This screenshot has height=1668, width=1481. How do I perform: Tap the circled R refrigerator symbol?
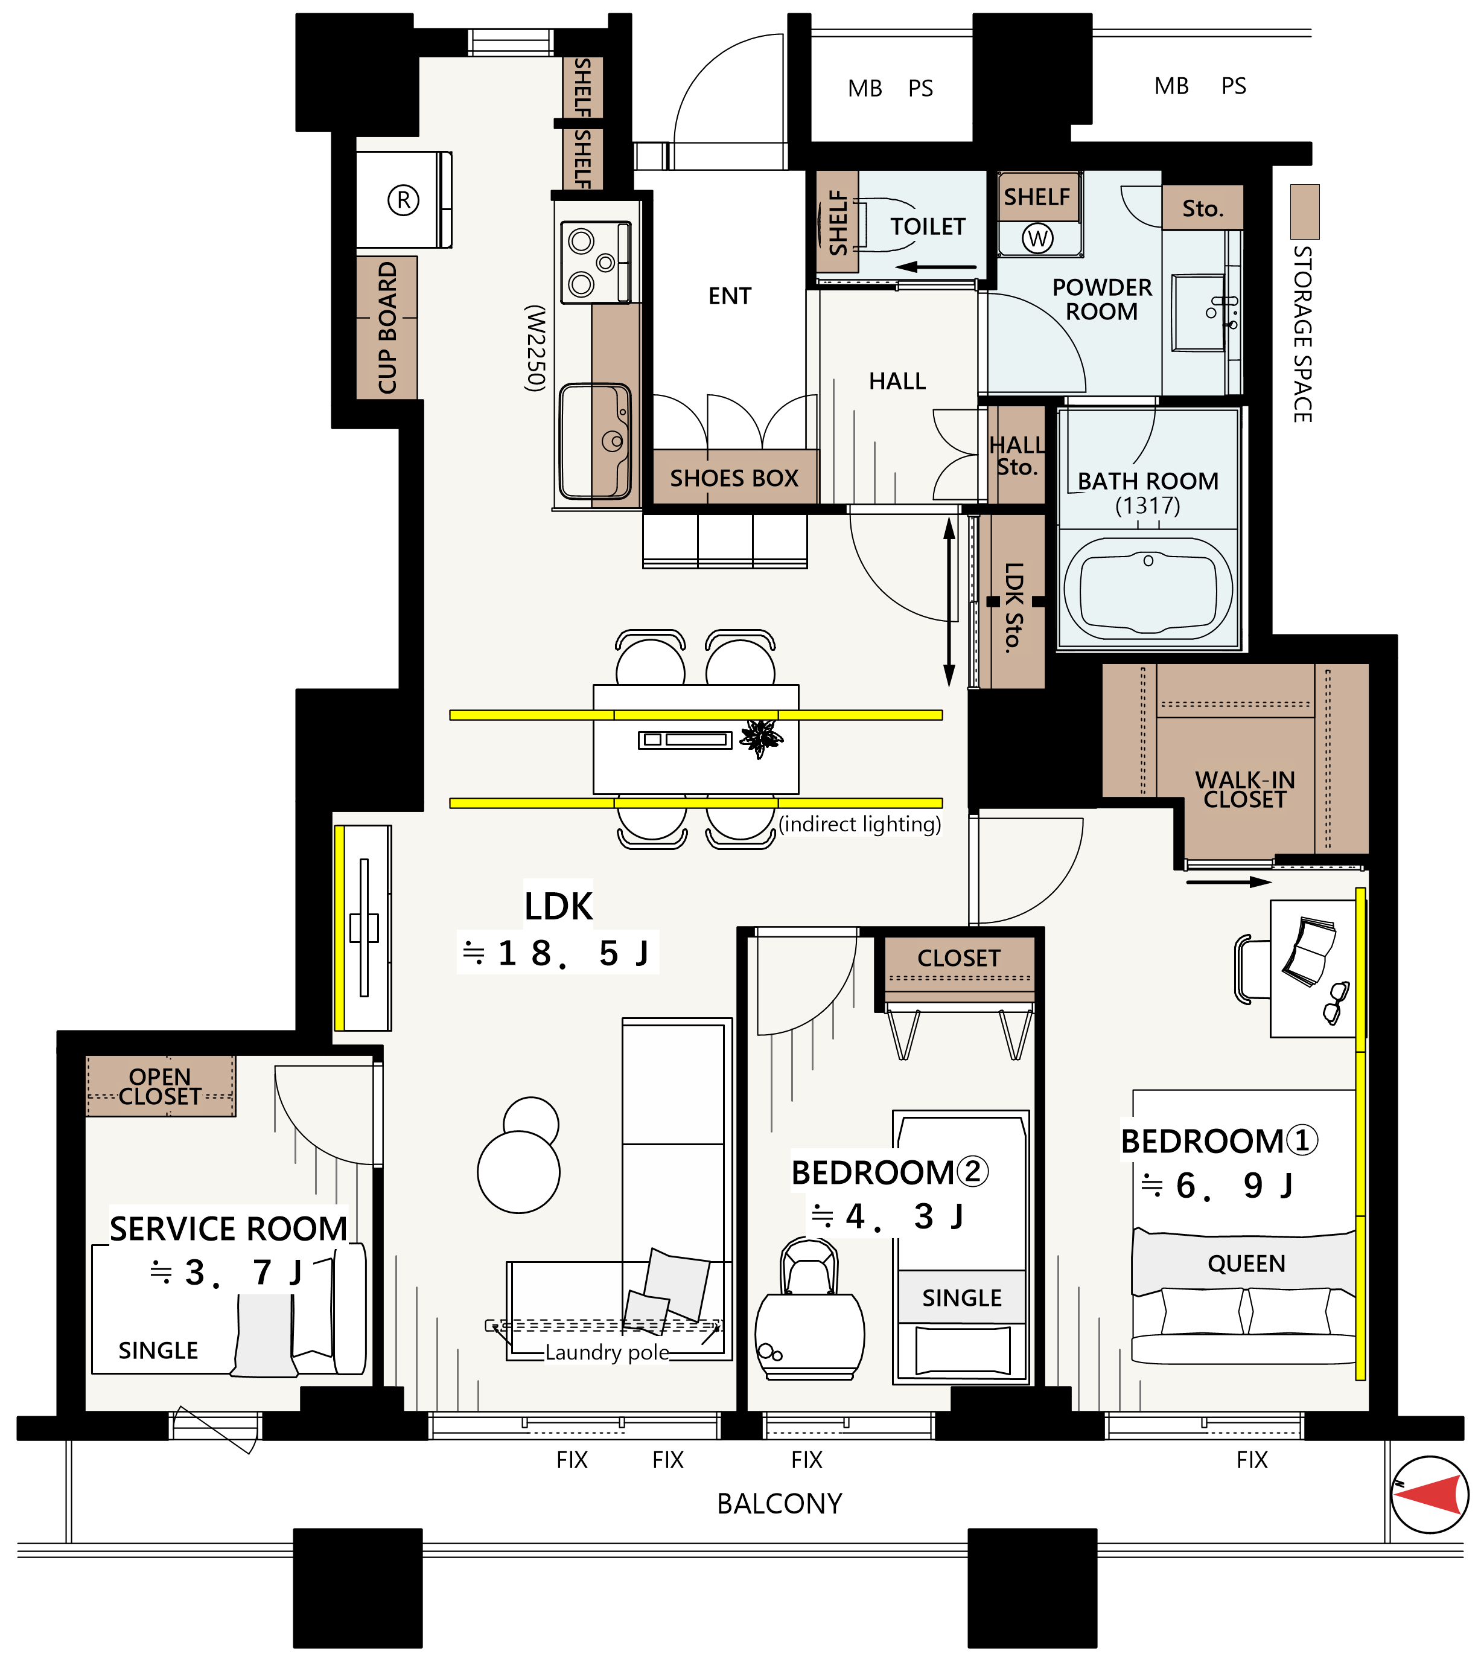(x=403, y=200)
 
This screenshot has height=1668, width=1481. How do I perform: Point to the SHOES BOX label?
(x=734, y=478)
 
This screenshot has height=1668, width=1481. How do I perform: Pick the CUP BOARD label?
(x=387, y=327)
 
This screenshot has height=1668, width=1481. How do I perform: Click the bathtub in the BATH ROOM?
(x=1148, y=587)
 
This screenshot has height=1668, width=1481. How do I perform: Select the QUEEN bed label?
(x=1246, y=1264)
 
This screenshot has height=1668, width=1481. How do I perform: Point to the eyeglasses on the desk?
(x=1336, y=1003)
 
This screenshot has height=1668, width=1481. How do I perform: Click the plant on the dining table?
(x=761, y=738)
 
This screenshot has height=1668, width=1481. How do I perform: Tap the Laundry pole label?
(x=607, y=1352)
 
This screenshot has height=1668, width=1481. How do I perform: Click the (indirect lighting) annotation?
(x=859, y=824)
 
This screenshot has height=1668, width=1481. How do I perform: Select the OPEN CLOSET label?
(x=160, y=1086)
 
